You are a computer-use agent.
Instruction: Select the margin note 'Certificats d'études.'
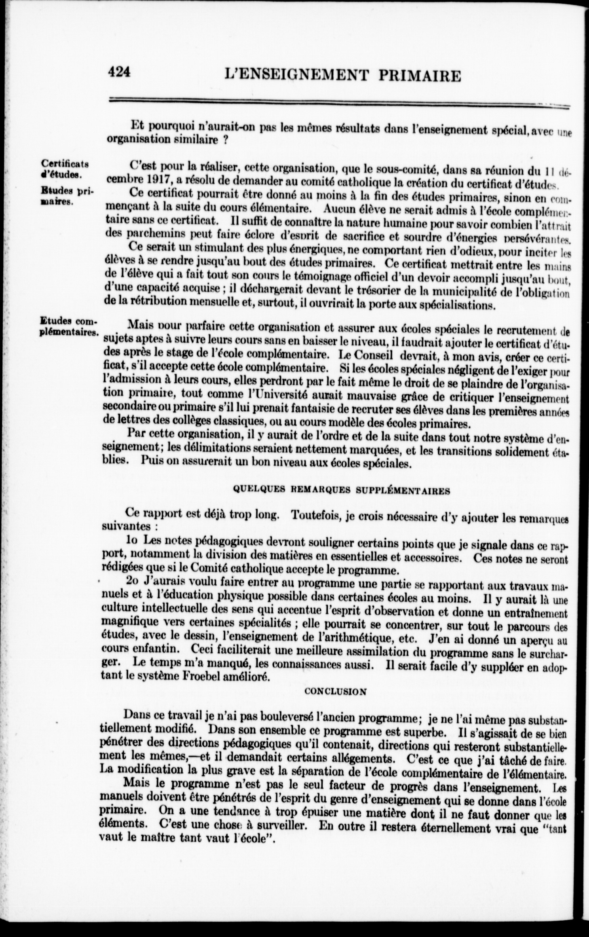[66, 169]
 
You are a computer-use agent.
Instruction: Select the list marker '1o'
[133, 540]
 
